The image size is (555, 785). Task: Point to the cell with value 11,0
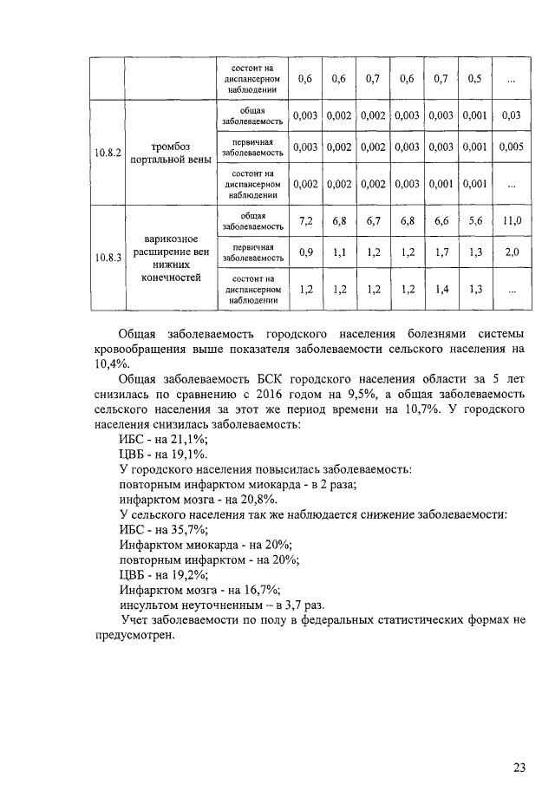click(512, 221)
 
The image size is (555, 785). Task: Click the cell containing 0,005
click(512, 147)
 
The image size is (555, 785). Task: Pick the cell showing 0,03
click(512, 115)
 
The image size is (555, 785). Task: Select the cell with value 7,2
click(305, 221)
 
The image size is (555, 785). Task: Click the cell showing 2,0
click(512, 252)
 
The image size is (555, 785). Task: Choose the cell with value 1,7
click(441, 252)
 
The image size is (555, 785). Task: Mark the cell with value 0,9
click(305, 252)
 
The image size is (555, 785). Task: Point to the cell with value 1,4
click(441, 290)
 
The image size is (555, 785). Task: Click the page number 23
click(519, 743)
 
